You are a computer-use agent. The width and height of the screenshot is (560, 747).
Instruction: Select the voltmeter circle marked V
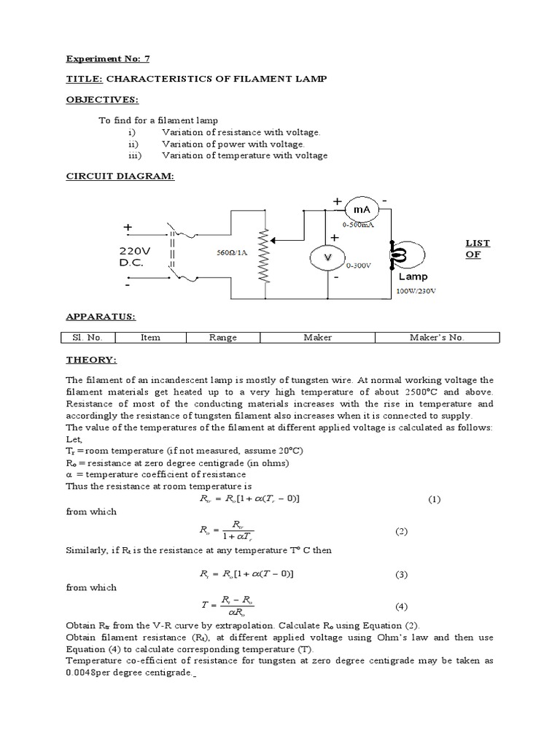click(328, 258)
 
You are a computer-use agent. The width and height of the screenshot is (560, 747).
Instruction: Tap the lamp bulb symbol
click(401, 255)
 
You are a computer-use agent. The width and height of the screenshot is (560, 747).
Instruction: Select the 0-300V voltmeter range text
click(359, 266)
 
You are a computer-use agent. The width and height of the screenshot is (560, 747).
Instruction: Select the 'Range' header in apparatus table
click(223, 338)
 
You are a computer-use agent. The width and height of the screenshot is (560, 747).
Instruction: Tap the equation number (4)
click(401, 606)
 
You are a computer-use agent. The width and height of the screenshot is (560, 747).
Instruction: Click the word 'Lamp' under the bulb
click(413, 276)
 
